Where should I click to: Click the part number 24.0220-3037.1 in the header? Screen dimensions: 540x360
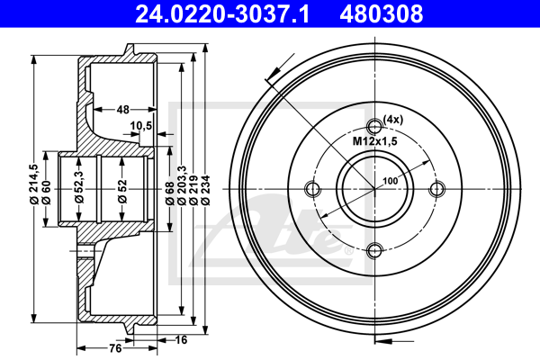pos(222,14)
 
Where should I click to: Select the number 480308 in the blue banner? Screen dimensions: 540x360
pos(382,14)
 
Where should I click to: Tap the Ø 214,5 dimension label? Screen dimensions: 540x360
pos(34,184)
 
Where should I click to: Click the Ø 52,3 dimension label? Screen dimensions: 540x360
pos(79,186)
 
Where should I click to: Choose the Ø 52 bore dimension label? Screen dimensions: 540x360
pos(122,191)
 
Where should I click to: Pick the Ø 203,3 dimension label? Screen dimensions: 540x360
pos(182,185)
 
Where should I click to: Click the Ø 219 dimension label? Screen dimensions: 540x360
pos(193,190)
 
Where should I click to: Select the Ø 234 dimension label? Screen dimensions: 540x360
pos(205,190)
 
